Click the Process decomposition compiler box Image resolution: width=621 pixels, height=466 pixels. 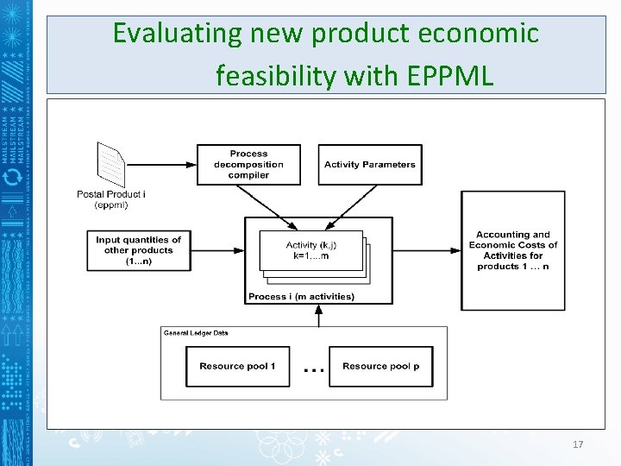[248, 164]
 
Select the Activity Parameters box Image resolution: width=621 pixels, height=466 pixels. [370, 164]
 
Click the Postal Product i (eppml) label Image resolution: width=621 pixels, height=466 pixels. [110, 199]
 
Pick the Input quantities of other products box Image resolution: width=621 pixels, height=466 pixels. [139, 250]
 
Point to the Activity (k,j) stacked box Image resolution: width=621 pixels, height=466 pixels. [312, 251]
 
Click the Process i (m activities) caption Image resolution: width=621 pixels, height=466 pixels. [301, 297]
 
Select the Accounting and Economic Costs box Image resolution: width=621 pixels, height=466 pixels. [512, 250]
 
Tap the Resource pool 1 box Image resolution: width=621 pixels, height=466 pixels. [237, 366]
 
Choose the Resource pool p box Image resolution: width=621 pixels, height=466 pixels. [380, 366]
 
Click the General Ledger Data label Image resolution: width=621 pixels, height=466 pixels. [196, 332]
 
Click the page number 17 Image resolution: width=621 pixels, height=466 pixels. [578, 444]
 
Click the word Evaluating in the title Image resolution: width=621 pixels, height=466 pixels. [178, 35]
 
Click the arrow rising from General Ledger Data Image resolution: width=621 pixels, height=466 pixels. [319, 315]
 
